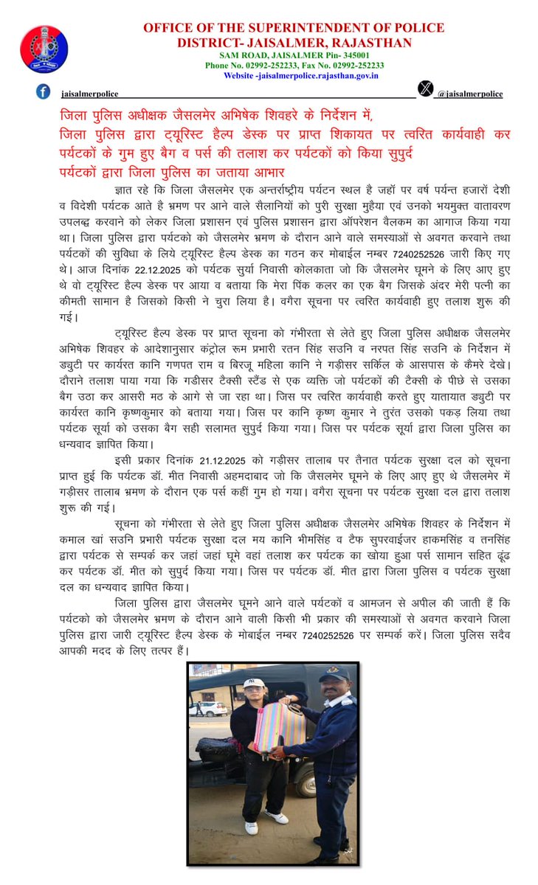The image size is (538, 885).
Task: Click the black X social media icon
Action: [x=426, y=89]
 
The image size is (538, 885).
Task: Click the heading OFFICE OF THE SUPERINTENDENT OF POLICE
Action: [x=294, y=28]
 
